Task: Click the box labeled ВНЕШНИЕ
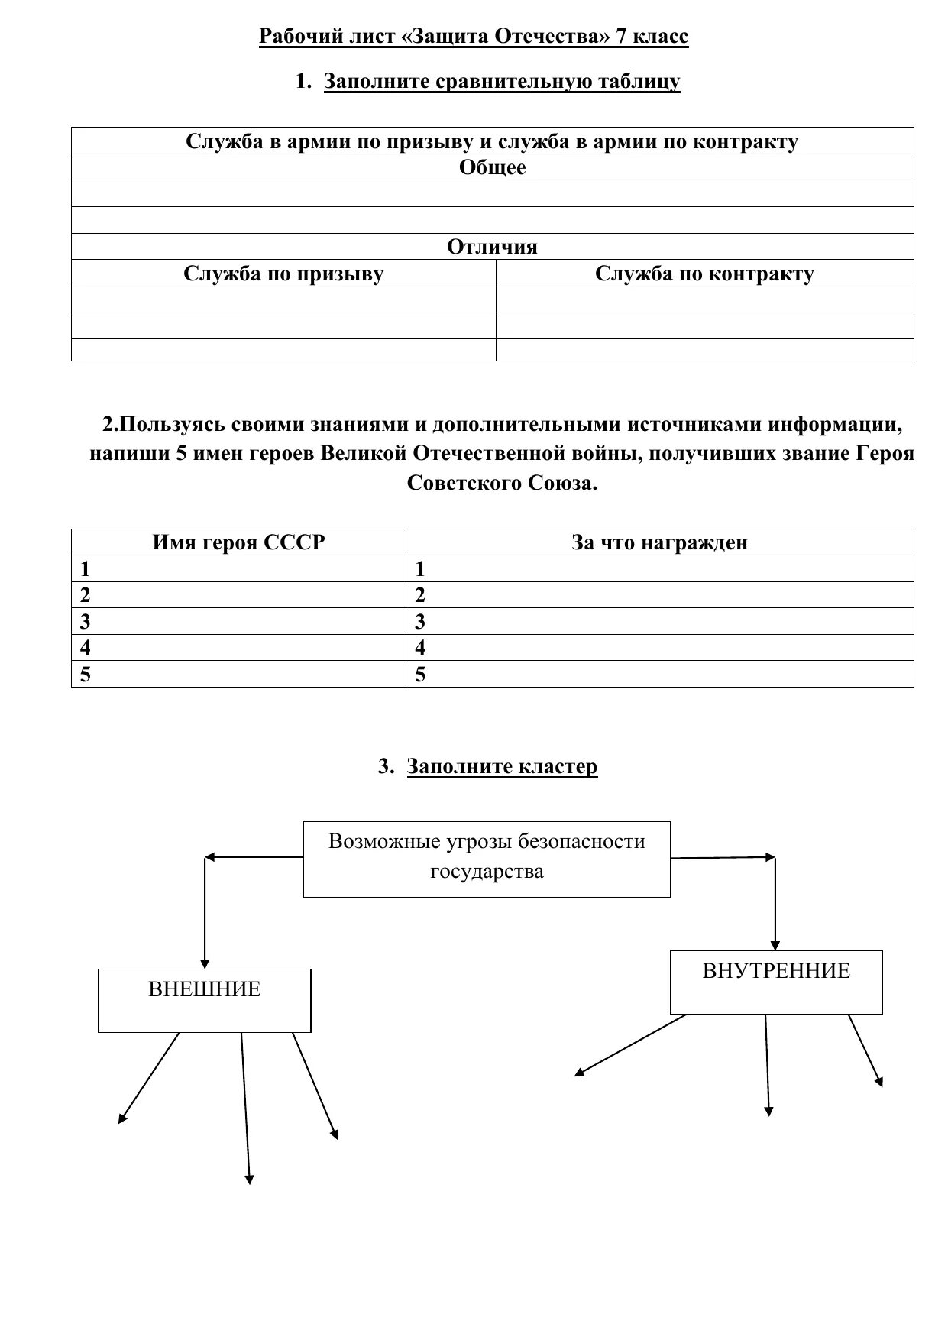tap(205, 1000)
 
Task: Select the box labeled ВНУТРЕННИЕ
tap(776, 982)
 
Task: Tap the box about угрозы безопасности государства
tap(487, 859)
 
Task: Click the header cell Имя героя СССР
tap(238, 542)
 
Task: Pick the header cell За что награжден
tap(659, 542)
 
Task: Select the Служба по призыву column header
tap(283, 274)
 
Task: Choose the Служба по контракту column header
tap(704, 274)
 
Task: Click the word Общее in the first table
tap(493, 167)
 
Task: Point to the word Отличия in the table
tap(493, 247)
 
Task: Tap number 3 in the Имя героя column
tap(85, 622)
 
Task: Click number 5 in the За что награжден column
tap(419, 675)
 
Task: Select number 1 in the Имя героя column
tap(85, 569)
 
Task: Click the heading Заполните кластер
tap(502, 766)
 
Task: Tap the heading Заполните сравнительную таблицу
tap(502, 82)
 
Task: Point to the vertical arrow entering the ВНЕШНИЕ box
tap(205, 913)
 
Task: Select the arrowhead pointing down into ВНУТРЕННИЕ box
tap(775, 944)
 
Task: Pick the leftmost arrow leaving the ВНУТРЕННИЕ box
tap(630, 1045)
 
